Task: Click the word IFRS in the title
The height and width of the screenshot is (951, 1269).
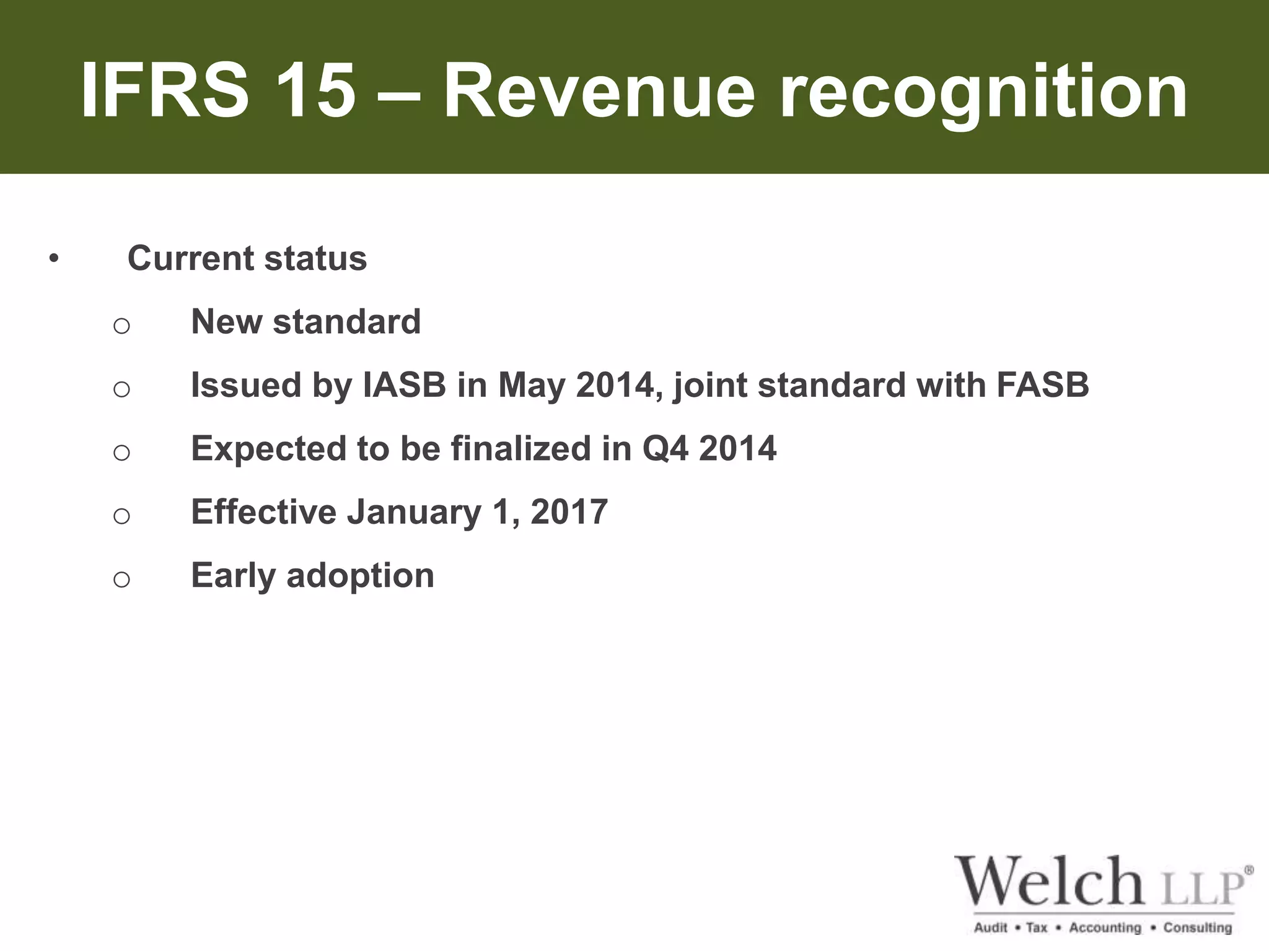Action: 165,92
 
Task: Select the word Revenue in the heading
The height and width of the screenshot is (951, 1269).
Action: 599,92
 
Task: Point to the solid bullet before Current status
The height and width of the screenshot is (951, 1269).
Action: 54,259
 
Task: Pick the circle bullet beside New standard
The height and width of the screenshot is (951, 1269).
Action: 121,325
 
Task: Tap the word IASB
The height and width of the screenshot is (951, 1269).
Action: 405,385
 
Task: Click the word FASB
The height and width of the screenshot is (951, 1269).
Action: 1043,385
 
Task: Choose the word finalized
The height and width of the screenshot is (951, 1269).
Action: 520,448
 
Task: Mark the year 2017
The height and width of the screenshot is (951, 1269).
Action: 569,512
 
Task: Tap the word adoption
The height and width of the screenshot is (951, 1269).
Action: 360,576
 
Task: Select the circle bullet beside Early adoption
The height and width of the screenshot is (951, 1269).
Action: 121,579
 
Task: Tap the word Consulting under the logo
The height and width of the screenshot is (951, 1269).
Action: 1197,927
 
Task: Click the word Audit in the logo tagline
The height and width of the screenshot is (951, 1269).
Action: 991,927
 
